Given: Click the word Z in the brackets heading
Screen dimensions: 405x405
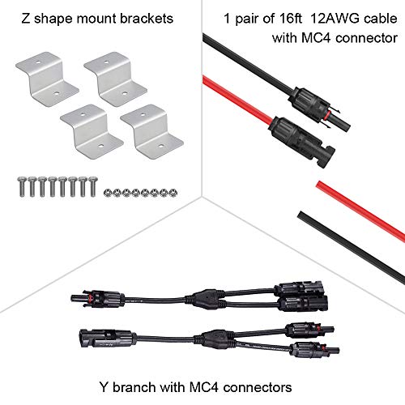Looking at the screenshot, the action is (x=26, y=19).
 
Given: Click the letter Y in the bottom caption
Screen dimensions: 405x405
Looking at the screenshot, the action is (x=104, y=387).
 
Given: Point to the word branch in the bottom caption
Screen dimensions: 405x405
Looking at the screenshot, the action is (x=134, y=387).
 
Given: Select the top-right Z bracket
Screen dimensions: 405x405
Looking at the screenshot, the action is (x=116, y=79).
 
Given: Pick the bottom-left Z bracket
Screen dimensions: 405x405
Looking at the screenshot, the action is (x=92, y=131).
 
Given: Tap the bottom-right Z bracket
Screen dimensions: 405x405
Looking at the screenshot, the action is (x=152, y=131).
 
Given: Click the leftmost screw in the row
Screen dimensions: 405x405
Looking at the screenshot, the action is (x=22, y=186).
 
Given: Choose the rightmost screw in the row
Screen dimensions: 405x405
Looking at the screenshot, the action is (x=92, y=186).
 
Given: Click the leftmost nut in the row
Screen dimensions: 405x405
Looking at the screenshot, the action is (x=108, y=193).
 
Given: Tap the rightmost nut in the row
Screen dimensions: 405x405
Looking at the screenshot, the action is (x=173, y=193).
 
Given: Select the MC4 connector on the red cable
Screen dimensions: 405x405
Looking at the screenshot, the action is (x=302, y=142).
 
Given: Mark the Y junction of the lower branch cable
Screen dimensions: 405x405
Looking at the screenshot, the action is (x=214, y=339).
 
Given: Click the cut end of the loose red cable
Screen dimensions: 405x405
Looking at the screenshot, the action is (x=319, y=185).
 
